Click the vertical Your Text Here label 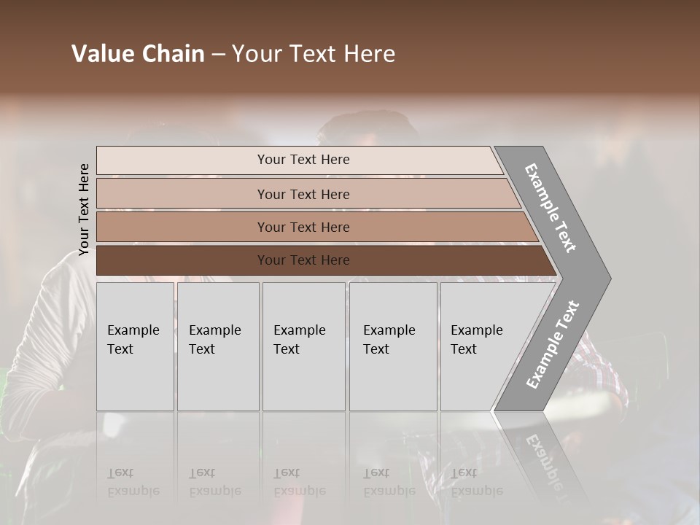[84, 210]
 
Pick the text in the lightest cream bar [303, 160]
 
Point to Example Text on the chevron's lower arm [553, 344]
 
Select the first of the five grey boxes [135, 346]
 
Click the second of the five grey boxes [218, 346]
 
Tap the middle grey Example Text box [303, 346]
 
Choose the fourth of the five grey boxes [393, 346]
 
